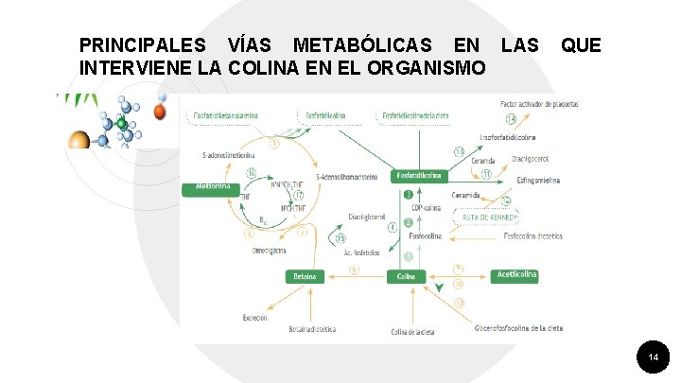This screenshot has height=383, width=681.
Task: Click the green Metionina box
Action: click(x=213, y=187)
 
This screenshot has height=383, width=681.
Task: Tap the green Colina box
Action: click(x=407, y=276)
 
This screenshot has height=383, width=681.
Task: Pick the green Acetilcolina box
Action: click(x=516, y=274)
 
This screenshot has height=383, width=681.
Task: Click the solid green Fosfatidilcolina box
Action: click(x=419, y=175)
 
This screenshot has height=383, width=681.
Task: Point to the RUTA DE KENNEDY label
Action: click(x=490, y=217)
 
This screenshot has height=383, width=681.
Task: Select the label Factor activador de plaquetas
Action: click(x=539, y=103)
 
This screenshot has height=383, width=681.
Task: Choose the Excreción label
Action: click(x=255, y=317)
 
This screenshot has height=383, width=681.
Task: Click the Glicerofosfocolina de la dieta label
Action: click(x=518, y=327)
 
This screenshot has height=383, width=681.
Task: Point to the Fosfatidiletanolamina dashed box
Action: click(x=226, y=116)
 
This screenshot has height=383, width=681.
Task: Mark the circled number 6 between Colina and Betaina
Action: click(x=355, y=269)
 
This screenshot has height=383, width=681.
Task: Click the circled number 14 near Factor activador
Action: click(x=511, y=119)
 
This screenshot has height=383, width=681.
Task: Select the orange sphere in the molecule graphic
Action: click(x=160, y=113)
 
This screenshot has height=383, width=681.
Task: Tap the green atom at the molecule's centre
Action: click(x=121, y=124)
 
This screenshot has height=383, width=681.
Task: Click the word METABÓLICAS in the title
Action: click(x=362, y=45)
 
